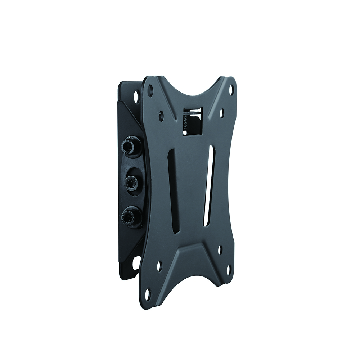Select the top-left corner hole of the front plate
pos(150,90)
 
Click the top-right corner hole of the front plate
pos(231,89)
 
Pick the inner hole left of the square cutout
pos(161,116)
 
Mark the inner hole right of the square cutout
pos(221,113)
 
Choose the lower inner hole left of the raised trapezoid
pos(159,266)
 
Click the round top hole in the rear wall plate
pos(136,96)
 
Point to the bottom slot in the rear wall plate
pos(136,262)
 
